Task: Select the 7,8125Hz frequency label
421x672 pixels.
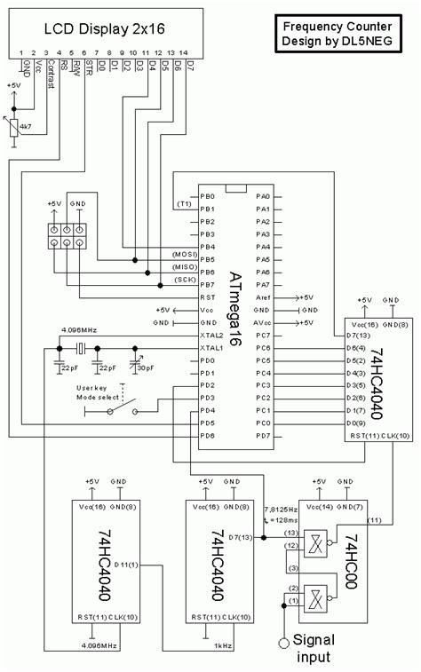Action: point(282,510)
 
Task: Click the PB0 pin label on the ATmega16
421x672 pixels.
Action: point(208,196)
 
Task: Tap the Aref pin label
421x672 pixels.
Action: point(264,296)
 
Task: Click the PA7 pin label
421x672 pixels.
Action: point(263,284)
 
